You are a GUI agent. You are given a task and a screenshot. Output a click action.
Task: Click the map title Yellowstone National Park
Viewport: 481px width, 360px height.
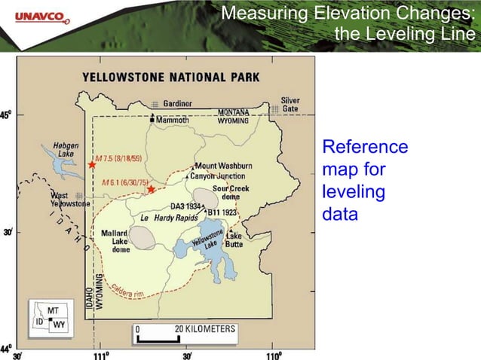point(170,77)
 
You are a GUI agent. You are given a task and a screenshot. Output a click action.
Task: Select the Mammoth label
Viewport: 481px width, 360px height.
point(173,119)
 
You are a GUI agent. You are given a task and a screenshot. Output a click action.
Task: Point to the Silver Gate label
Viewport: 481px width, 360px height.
point(290,105)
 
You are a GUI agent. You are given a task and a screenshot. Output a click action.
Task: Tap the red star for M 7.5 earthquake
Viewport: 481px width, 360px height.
point(92,164)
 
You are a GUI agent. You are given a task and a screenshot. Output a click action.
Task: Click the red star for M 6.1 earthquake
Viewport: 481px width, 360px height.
point(152,189)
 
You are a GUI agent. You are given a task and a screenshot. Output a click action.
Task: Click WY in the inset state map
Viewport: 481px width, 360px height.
point(58,325)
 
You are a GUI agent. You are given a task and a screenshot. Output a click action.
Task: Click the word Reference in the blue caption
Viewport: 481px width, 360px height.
point(365,147)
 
